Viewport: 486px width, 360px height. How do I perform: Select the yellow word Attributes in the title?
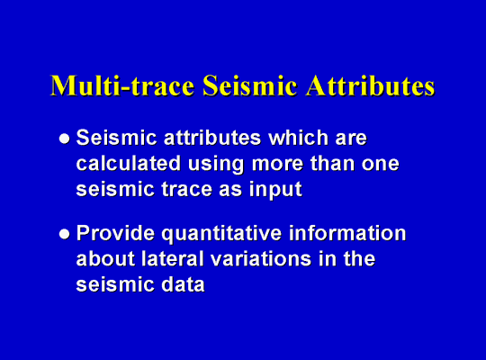370,85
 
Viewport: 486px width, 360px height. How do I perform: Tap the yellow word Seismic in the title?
250,85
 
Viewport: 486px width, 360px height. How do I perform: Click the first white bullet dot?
65,139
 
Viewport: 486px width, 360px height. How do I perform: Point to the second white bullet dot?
65,234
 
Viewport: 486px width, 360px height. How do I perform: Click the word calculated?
129,163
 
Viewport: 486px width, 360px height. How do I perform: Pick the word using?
216,165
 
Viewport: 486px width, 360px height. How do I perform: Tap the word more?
277,165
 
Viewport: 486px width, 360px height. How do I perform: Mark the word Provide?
115,232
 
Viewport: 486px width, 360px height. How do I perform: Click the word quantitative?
221,234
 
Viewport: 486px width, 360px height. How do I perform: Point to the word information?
347,232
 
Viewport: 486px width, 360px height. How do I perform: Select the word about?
105,258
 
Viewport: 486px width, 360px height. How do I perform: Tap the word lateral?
173,258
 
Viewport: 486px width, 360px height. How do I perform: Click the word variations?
261,258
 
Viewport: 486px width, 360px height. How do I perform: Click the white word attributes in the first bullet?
212,138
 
